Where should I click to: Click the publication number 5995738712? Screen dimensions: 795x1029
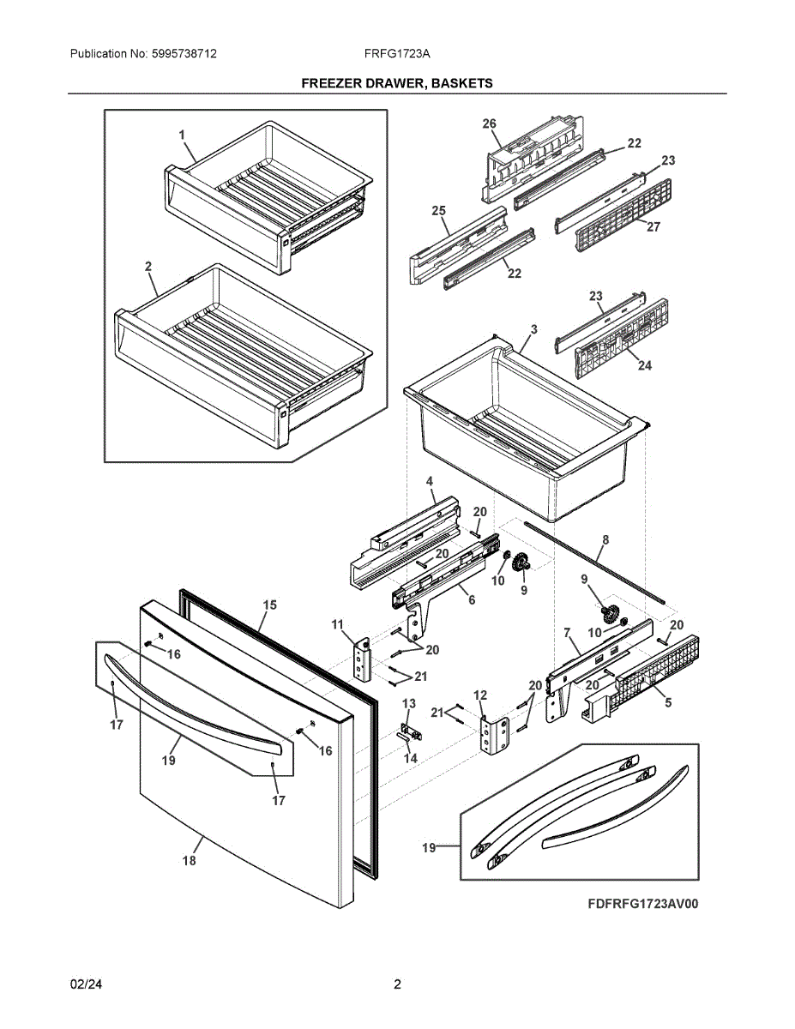pos(184,54)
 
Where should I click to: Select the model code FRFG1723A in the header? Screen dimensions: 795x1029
pos(397,54)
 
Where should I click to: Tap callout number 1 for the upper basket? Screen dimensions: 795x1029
pos(182,135)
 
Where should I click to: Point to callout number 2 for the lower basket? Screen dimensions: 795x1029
pos(148,267)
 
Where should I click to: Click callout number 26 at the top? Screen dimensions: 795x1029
pos(489,123)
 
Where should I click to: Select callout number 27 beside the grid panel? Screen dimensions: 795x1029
pos(653,227)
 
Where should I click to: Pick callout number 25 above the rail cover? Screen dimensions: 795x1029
pos(439,210)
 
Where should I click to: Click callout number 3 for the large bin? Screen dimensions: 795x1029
pos(533,329)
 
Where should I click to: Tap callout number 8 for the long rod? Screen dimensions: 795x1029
pos(605,540)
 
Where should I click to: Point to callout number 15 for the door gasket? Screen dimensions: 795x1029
pos(269,605)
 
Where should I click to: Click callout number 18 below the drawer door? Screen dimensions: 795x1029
pos(190,860)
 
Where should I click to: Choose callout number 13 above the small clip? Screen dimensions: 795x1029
pos(409,703)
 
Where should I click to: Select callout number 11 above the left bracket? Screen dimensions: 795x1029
pos(337,624)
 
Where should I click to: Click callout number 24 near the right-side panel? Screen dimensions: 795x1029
pos(645,365)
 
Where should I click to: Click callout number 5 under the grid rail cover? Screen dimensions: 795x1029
pos(668,702)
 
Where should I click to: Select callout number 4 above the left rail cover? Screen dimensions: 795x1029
pos(430,482)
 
